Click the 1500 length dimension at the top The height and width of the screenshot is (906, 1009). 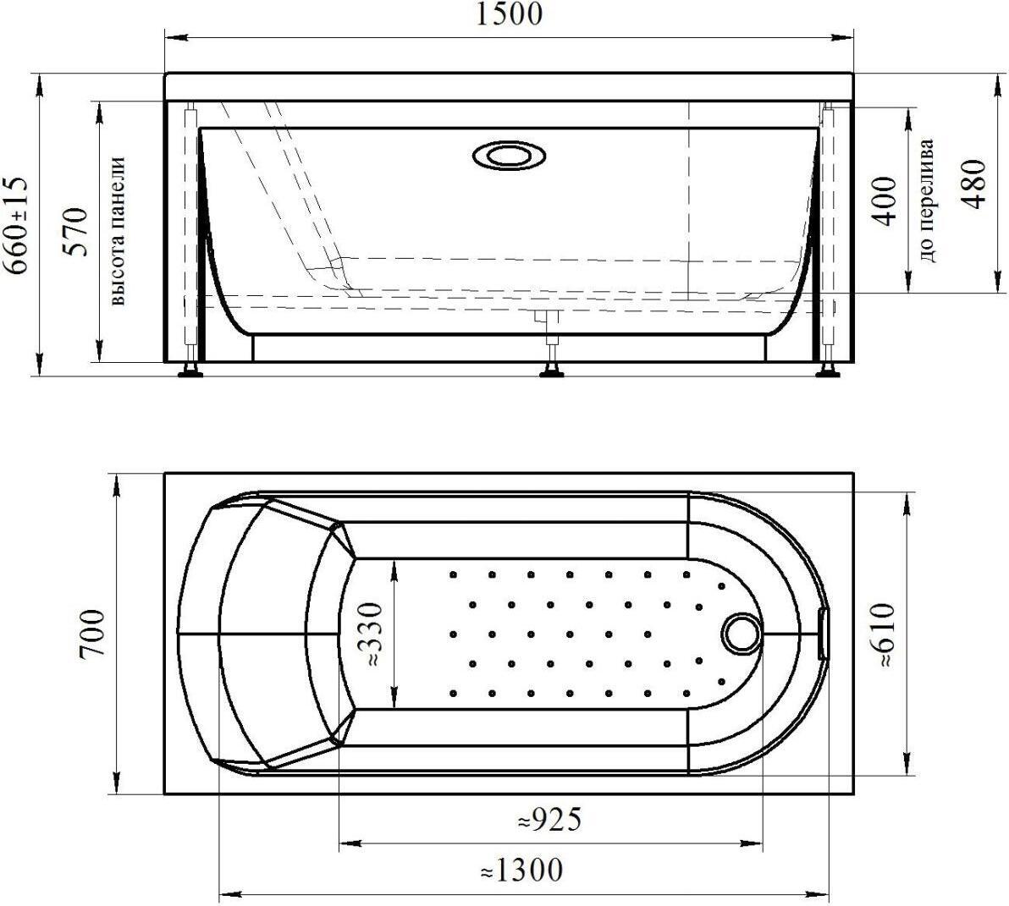509,14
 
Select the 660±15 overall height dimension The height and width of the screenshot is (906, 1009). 18,224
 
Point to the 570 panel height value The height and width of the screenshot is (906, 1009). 75,232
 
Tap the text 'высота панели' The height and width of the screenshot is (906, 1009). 117,231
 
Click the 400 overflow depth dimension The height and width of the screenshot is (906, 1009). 885,200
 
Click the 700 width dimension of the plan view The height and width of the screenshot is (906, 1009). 90,634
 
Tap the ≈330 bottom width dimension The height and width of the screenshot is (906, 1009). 373,634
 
